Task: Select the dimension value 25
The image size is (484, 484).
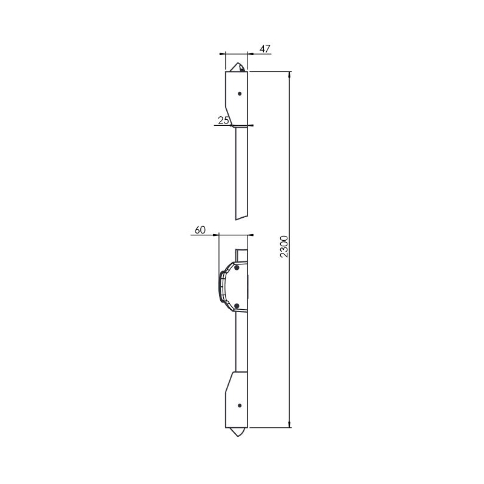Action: coord(223,121)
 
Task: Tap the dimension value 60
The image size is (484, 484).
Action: coord(201,230)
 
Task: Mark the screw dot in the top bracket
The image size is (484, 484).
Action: coord(240,94)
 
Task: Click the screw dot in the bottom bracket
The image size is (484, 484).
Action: coord(240,405)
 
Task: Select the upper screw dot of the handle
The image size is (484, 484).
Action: coord(237,267)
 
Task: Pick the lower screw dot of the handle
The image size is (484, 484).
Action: coord(237,306)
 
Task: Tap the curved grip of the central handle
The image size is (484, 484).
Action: coord(223,286)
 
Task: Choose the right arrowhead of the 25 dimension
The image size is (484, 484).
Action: coord(250,126)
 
